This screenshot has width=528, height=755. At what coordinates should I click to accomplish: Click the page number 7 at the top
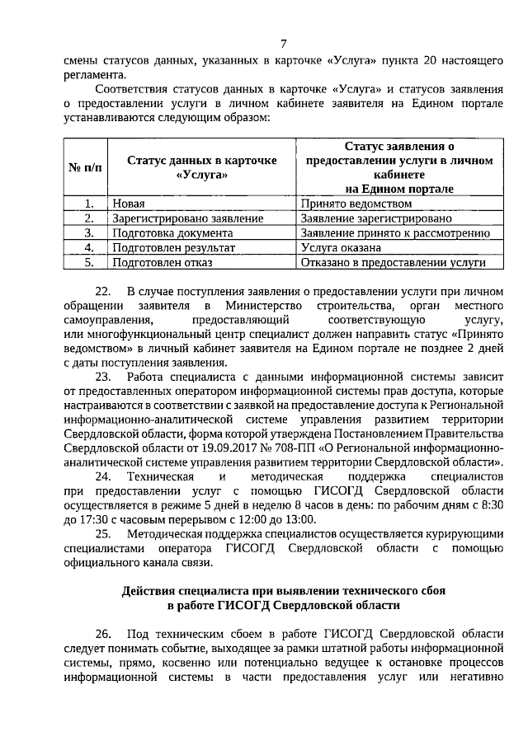coord(283,44)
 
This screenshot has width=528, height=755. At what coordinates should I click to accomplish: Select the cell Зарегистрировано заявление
coord(187,218)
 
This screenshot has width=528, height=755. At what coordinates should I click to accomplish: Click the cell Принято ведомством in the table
coord(356,204)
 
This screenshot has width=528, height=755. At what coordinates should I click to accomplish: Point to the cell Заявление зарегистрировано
coord(376,218)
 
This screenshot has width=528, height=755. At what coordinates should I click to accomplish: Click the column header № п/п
coord(86,167)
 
